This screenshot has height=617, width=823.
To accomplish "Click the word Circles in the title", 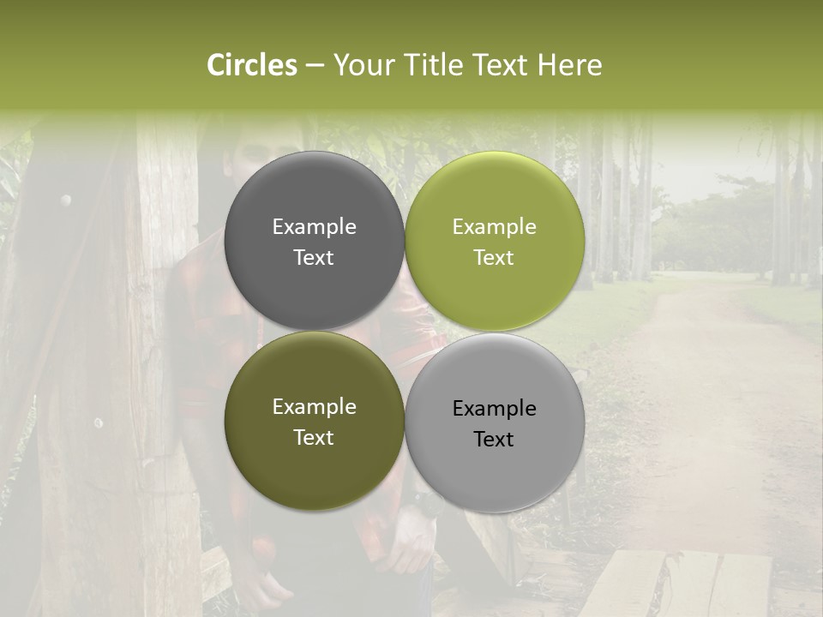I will pyautogui.click(x=251, y=65).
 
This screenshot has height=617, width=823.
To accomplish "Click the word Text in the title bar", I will pyautogui.click(x=503, y=65).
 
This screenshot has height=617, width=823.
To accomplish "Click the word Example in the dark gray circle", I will pyautogui.click(x=314, y=226).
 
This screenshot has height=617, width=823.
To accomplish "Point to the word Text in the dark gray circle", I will pyautogui.click(x=314, y=257).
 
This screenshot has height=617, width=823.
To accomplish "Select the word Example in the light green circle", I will pyautogui.click(x=494, y=226).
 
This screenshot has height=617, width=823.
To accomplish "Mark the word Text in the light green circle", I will pyautogui.click(x=494, y=257).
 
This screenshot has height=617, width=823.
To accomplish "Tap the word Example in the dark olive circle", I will pyautogui.click(x=314, y=407).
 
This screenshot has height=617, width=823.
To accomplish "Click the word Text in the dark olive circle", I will pyautogui.click(x=314, y=437).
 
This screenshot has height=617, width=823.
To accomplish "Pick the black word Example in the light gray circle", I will pyautogui.click(x=494, y=409).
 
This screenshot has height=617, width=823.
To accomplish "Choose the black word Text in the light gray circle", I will pyautogui.click(x=494, y=439).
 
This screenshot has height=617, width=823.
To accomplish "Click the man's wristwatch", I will pyautogui.click(x=421, y=500).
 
